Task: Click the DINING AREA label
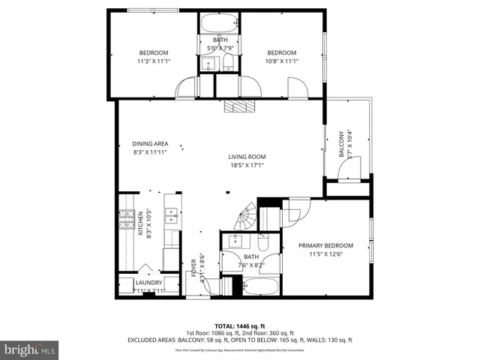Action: pos(149,144)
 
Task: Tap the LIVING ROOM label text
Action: pos(247,157)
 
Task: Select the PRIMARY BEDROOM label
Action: pos(325,246)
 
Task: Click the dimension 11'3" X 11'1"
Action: pos(154,61)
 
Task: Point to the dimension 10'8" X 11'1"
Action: pos(282,61)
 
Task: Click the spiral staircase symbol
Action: pos(244,218)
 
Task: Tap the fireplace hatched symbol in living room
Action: pos(239,107)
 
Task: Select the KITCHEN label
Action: pos(139,223)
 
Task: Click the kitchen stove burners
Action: pos(124,220)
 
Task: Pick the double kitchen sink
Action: pos(171,216)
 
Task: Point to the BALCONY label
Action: pos(340,143)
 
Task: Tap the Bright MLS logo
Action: pos(29,349)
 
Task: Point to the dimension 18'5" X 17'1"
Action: pos(247,166)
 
